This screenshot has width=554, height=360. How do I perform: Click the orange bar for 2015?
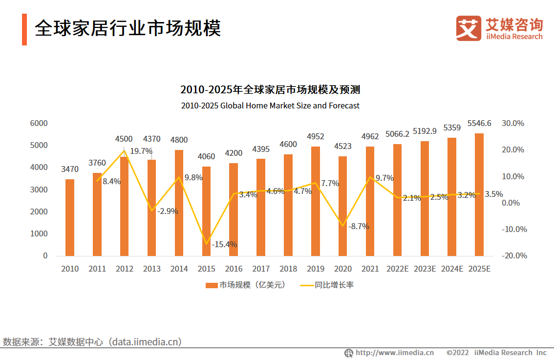click(x=206, y=211)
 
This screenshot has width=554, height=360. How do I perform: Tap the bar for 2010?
click(x=70, y=217)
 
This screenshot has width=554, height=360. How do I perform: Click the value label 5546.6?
click(x=479, y=123)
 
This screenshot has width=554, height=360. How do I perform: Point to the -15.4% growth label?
click(x=225, y=244)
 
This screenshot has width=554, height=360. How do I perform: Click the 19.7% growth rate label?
click(x=141, y=151)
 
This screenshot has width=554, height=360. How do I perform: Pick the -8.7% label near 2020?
click(x=359, y=227)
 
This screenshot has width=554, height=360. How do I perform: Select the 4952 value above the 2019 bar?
click(x=316, y=136)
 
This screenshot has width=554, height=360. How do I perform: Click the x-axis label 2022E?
click(x=397, y=269)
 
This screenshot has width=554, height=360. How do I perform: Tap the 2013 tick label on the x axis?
click(x=151, y=269)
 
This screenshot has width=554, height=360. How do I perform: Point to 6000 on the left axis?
click(x=39, y=123)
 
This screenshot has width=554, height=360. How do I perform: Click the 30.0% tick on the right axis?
click(x=513, y=123)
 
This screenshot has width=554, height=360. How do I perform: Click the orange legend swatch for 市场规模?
click(x=211, y=285)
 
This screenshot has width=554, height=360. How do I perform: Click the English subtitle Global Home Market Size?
click(x=270, y=106)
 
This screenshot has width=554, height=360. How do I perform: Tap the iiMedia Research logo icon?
click(x=469, y=28)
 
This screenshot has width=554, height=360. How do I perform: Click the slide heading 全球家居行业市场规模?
click(x=128, y=28)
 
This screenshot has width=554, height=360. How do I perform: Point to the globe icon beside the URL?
click(x=349, y=353)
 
